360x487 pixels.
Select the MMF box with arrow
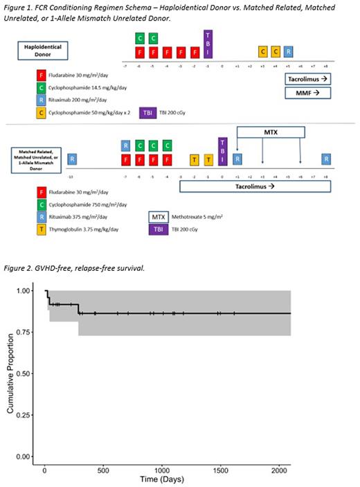point(311,91)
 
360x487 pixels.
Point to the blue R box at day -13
point(72,159)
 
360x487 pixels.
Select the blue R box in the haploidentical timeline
point(288,52)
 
